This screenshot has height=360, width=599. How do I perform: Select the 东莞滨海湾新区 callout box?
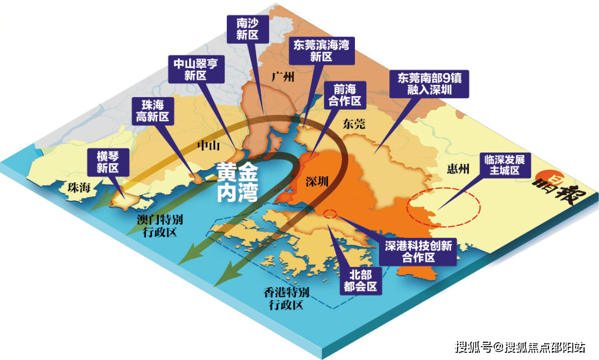pos(321,50)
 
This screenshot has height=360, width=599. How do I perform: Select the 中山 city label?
pos(209,145)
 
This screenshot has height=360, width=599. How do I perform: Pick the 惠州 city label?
pos(458,169)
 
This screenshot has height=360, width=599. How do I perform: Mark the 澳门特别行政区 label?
pos(157,225)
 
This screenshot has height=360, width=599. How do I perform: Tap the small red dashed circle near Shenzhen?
pos(329,214)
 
